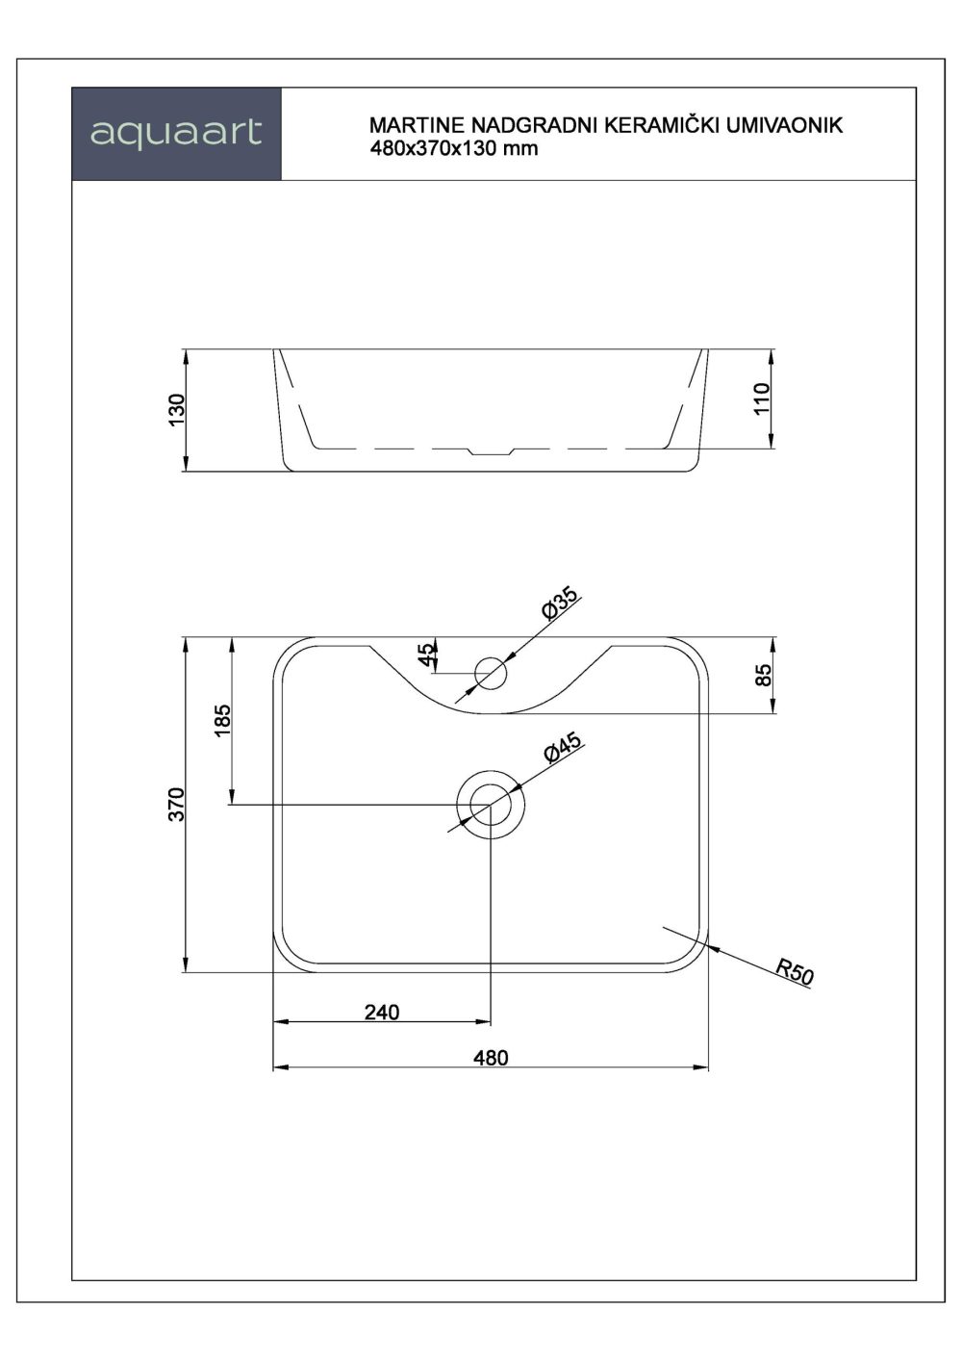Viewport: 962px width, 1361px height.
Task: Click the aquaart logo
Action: [x=176, y=133]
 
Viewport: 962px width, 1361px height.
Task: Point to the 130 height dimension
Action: [x=177, y=411]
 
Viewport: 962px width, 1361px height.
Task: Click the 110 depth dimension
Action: [x=763, y=398]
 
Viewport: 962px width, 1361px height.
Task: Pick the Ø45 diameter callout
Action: [x=562, y=748]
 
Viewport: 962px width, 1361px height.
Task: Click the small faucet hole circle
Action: [x=492, y=673]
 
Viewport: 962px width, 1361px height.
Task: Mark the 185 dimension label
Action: [x=222, y=721]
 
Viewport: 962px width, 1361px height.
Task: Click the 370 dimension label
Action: [x=176, y=804]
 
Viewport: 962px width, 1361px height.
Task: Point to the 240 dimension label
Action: [x=382, y=1012]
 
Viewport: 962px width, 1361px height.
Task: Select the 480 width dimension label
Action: [x=491, y=1057]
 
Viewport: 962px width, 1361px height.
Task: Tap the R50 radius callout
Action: [x=795, y=971]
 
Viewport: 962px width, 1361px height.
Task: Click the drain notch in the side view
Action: [x=491, y=450]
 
